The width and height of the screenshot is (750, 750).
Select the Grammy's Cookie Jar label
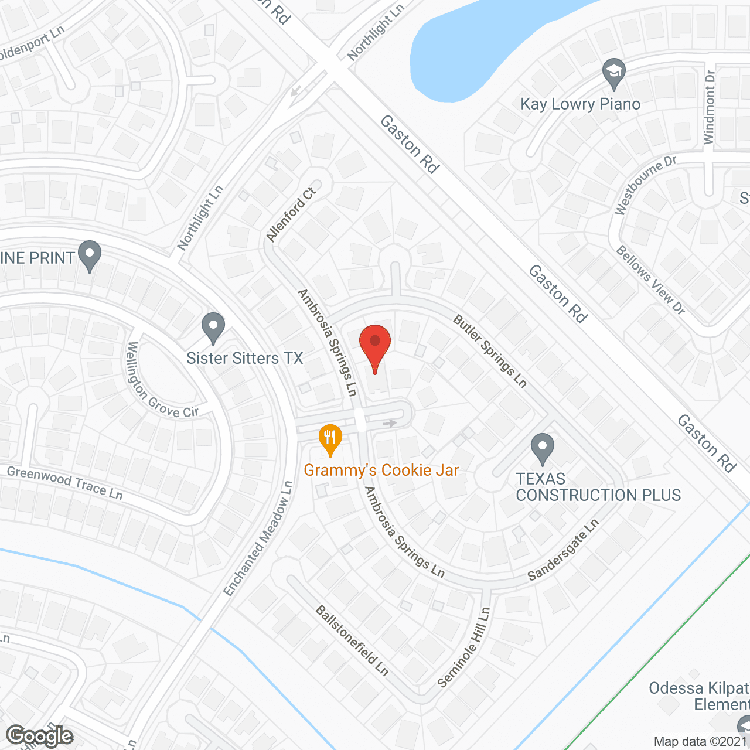coord(381,470)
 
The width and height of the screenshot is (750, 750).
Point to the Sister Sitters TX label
coord(244,358)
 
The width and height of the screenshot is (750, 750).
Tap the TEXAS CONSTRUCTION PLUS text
coord(598,487)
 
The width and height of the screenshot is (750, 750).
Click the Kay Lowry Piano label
coord(580,104)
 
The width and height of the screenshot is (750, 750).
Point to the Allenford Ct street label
coord(291,215)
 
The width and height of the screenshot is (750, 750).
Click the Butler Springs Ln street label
coord(490,352)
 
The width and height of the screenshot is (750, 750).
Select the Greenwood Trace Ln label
coord(65,483)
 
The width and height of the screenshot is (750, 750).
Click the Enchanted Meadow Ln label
coord(258,538)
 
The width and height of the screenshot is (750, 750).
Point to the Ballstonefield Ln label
coord(352,640)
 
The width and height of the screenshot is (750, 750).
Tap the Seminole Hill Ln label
coord(463,647)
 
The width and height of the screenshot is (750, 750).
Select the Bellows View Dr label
coord(650,279)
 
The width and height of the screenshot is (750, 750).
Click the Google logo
coord(40,736)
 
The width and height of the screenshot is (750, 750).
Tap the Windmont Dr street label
coord(710,107)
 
